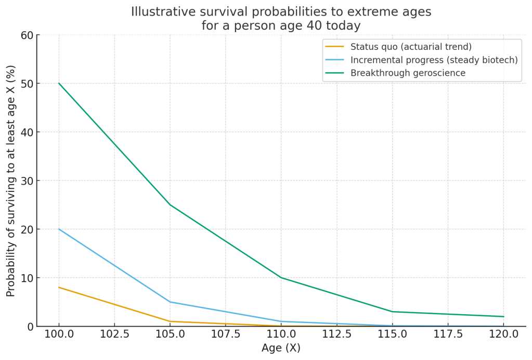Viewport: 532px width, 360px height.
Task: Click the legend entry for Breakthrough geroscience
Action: [x=408, y=73]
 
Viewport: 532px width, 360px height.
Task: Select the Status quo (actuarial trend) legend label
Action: [x=411, y=47]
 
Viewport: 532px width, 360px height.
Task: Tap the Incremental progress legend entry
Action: [x=434, y=60]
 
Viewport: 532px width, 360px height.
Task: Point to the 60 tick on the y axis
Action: [x=27, y=35]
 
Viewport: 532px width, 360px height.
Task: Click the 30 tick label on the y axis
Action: [x=27, y=181]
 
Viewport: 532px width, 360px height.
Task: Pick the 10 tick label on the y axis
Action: [x=27, y=278]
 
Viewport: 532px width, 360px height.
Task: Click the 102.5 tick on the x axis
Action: [x=114, y=334]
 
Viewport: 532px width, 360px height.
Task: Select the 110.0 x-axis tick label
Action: [x=281, y=334]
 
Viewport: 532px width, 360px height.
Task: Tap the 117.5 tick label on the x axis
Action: [x=448, y=334]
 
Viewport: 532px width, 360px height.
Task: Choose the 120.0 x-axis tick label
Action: [x=503, y=334]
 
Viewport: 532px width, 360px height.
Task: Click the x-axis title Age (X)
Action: [x=281, y=348]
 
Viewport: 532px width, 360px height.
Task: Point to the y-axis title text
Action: [x=11, y=181]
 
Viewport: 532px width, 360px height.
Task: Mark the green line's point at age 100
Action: [x=59, y=83]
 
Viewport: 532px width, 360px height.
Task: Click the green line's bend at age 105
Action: [x=170, y=205]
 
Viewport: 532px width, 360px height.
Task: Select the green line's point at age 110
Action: [x=281, y=278]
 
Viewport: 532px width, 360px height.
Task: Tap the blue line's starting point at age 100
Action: [x=59, y=229]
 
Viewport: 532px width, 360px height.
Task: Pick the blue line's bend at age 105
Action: [x=170, y=302]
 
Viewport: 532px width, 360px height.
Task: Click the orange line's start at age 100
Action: [x=59, y=287]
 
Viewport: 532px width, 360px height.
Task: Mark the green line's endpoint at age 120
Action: [x=503, y=316]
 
